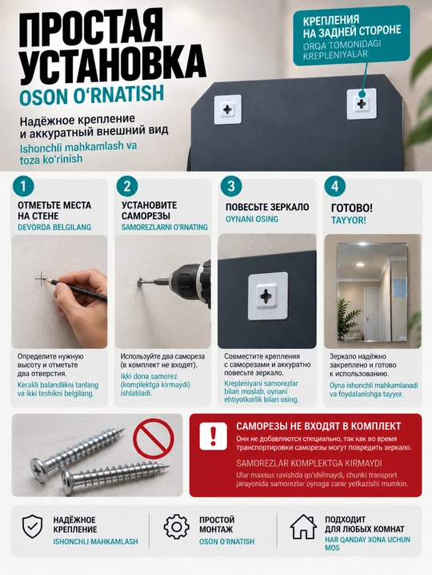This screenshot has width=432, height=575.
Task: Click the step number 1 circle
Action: click(23, 186)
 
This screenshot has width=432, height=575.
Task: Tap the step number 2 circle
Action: click(127, 186)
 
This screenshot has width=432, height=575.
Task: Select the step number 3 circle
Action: click(231, 186)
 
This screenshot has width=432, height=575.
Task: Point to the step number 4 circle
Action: click(334, 186)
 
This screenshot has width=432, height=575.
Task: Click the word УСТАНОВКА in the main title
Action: click(113, 65)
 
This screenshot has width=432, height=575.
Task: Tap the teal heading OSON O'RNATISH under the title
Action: click(91, 94)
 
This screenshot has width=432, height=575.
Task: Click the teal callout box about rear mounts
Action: click(351, 36)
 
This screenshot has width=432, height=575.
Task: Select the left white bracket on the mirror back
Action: click(228, 109)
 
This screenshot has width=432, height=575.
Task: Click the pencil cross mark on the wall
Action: click(42, 280)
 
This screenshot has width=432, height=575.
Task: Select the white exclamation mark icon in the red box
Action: click(213, 436)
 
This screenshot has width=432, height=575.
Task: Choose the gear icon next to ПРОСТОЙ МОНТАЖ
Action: click(177, 527)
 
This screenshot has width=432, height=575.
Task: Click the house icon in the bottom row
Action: click(303, 526)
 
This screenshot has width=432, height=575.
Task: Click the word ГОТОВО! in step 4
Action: click(352, 208)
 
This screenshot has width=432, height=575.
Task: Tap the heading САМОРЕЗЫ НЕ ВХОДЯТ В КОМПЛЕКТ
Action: click(318, 426)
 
